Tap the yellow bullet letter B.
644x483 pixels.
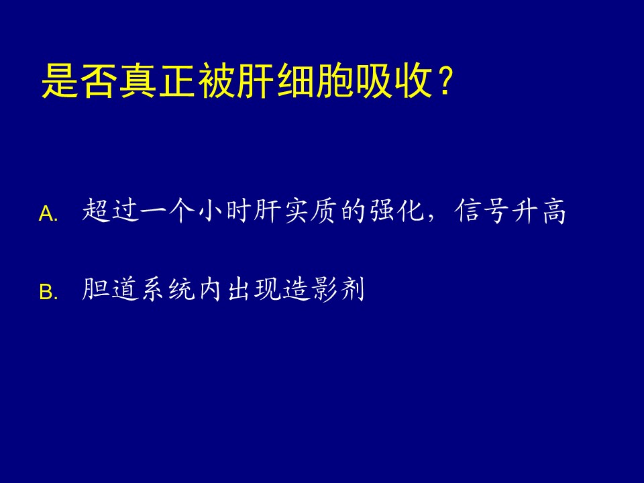point(46,292)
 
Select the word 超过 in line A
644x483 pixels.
point(109,211)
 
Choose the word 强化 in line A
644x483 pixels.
point(396,211)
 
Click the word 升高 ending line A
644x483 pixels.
point(539,211)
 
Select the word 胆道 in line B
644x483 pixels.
point(109,289)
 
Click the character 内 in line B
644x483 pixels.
point(211,289)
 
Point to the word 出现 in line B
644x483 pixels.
point(253,289)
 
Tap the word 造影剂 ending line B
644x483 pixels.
point(323,289)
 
